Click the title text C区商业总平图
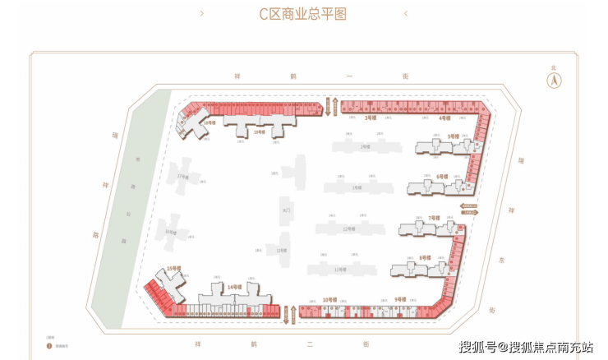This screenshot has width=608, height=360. coord(303,14)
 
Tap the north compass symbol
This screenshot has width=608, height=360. coord(554,81)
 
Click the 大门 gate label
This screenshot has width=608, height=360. coord(285,210)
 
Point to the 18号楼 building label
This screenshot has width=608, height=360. coord(210,122)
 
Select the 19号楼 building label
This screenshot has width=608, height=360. coord(259,132)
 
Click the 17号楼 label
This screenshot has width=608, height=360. coord(182,177)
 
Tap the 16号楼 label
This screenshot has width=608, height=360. coord(170,232)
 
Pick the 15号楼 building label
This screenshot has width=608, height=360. coord(173,269)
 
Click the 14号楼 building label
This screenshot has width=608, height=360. coord(234,287)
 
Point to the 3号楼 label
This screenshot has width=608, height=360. coord(371,118)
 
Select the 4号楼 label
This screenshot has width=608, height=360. coord(444,118)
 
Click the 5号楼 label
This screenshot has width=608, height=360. coord(453,136)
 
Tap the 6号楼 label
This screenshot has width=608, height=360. coord(442,177)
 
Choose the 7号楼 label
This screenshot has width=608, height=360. coord(434,218)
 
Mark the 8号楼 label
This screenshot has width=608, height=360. coord(424,257)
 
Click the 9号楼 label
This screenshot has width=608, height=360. coord(400,298)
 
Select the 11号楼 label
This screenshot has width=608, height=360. coord(341,269)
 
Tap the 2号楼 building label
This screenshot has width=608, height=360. coord(364,146)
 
